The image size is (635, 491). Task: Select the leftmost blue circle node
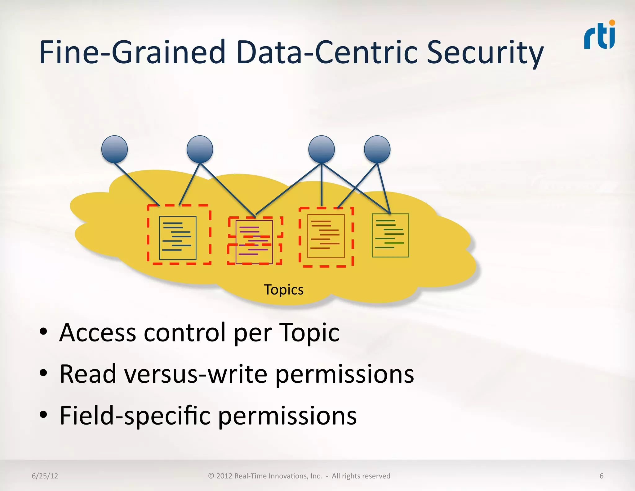114,149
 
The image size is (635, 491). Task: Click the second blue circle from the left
200,149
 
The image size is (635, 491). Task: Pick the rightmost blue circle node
377,149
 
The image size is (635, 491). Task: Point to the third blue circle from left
322,149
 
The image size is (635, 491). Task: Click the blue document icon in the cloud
178,237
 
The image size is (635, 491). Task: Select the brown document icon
326,236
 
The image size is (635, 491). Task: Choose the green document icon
390,235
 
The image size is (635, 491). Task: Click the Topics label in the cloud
284,290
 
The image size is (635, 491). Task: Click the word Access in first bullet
98,333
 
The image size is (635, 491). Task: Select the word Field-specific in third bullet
135,416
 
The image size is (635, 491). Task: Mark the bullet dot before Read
43,373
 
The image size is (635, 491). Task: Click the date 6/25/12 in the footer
45,476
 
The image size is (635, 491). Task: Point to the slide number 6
602,476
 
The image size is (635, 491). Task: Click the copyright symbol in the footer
211,476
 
